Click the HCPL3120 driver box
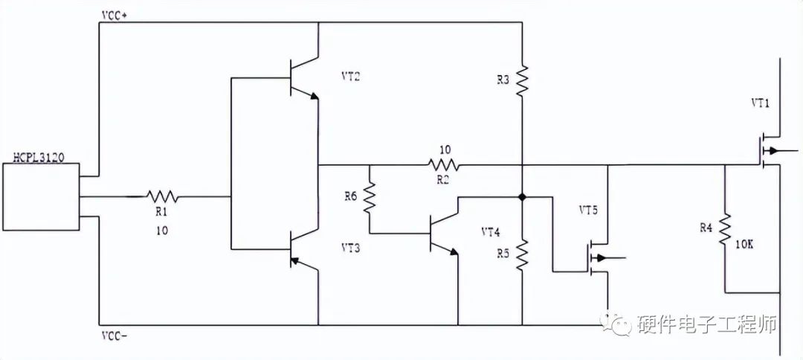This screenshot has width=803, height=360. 40,197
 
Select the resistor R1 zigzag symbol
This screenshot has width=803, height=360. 162,197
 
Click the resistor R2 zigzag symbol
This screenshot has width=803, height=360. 443,164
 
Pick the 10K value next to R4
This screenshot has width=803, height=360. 745,243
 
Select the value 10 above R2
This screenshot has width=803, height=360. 445,150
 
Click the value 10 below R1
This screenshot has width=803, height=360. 162,231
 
